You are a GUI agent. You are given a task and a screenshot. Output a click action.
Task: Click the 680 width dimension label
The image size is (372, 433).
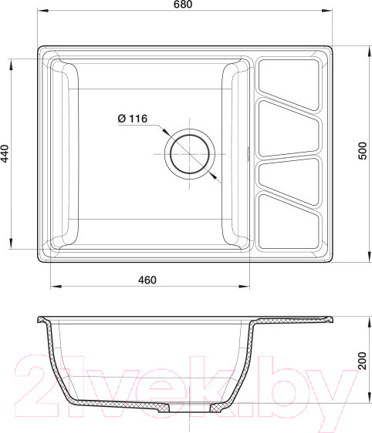point(183,4)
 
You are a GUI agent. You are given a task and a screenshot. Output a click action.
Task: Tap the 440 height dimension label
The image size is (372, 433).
point(5,153)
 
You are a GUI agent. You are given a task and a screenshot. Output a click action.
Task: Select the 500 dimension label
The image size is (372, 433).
point(362,151)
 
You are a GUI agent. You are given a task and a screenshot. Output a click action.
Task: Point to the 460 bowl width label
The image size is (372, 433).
point(147,280)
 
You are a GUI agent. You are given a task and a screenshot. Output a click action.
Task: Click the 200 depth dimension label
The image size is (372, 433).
point(362,361)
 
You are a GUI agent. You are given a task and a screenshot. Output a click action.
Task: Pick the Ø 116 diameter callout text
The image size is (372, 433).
point(133,119)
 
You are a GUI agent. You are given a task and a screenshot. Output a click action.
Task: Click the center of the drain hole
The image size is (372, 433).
point(190,154)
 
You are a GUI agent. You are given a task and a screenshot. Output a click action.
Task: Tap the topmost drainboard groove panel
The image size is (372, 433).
point(289,83)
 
